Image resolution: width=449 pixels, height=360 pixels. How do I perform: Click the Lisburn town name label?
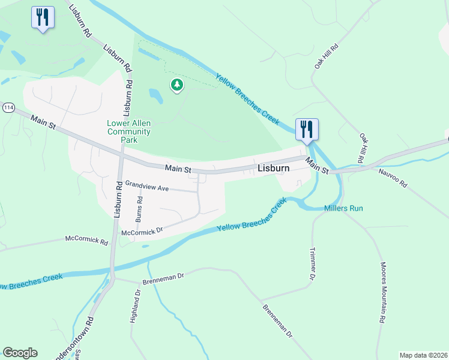coord(273,169)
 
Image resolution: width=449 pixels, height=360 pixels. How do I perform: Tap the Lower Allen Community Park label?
coord(128,131)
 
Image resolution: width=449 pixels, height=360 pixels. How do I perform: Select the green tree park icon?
coord(176,85)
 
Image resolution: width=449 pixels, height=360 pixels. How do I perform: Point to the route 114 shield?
coord(8,107)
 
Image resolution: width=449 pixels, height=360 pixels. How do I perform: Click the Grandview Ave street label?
coord(147,188)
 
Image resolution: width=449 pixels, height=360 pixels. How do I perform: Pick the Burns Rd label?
coord(139,206)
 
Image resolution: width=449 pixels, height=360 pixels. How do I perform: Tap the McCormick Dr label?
coord(142,230)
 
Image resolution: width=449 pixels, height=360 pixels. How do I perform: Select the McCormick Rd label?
coord(87,241)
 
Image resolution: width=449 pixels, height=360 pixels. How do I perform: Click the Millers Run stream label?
coord(343,208)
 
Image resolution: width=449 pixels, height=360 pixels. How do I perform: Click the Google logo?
coord(20,353)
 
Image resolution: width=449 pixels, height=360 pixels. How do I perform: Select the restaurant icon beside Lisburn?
coord(307,130)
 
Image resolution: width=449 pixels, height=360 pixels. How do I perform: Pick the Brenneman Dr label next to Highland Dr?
coord(163,277)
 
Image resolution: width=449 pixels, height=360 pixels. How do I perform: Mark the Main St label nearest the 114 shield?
coord(43,121)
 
